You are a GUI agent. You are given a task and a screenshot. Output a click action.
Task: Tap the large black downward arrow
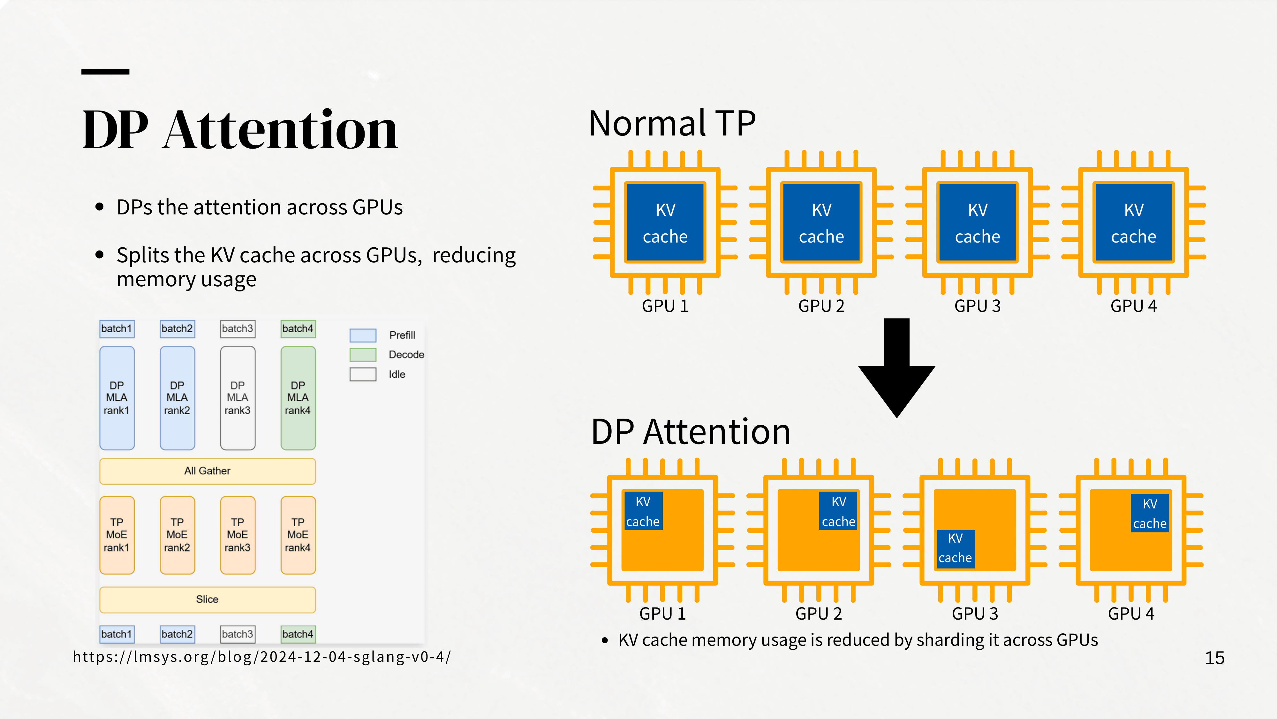[897, 368]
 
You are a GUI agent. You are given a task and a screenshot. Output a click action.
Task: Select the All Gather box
[207, 471]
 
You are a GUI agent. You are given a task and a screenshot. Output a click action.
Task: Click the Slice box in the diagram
[207, 599]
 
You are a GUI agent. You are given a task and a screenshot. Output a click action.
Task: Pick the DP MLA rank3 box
[238, 398]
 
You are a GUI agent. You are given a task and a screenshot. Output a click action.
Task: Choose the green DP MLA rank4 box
[298, 398]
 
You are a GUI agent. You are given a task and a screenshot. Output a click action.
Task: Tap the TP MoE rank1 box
[117, 535]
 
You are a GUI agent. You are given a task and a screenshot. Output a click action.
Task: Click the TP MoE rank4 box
[298, 535]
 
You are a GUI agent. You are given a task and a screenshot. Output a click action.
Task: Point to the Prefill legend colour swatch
[363, 336]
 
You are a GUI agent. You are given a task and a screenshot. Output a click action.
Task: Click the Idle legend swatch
[363, 374]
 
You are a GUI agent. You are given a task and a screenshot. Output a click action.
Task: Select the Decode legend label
[406, 355]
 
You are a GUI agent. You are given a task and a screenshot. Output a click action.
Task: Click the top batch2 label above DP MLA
[177, 329]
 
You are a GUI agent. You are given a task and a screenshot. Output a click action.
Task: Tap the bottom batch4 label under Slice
[298, 634]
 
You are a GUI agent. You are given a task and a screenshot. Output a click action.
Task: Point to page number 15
[1214, 658]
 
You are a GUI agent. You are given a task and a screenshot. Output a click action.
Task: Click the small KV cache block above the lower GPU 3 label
[955, 549]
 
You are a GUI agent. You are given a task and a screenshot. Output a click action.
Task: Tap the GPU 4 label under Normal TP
[1133, 306]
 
